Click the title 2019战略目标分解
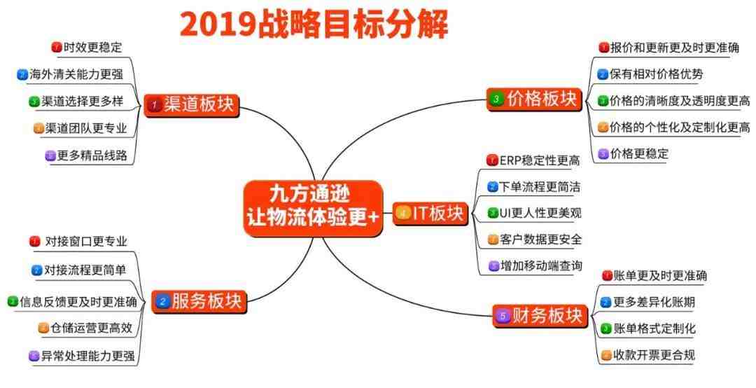[x=314, y=25]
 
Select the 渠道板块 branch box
[x=191, y=105]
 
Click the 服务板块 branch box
[x=199, y=302]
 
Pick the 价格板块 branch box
[x=534, y=99]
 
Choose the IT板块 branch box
[x=430, y=214]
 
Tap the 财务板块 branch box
[x=540, y=316]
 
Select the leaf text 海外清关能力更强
[x=76, y=74]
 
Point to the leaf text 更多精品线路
[x=92, y=155]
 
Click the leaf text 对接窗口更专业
[x=86, y=242]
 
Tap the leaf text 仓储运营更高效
[x=91, y=328]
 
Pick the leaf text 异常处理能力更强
[x=87, y=356]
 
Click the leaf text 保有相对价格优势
[x=657, y=74]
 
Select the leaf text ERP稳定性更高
[x=540, y=160]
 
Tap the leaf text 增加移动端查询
[x=541, y=265]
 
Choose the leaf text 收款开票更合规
[x=654, y=355]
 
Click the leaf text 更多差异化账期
[x=654, y=302]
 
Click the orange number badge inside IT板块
[x=403, y=214]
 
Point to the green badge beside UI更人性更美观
[x=492, y=213]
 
